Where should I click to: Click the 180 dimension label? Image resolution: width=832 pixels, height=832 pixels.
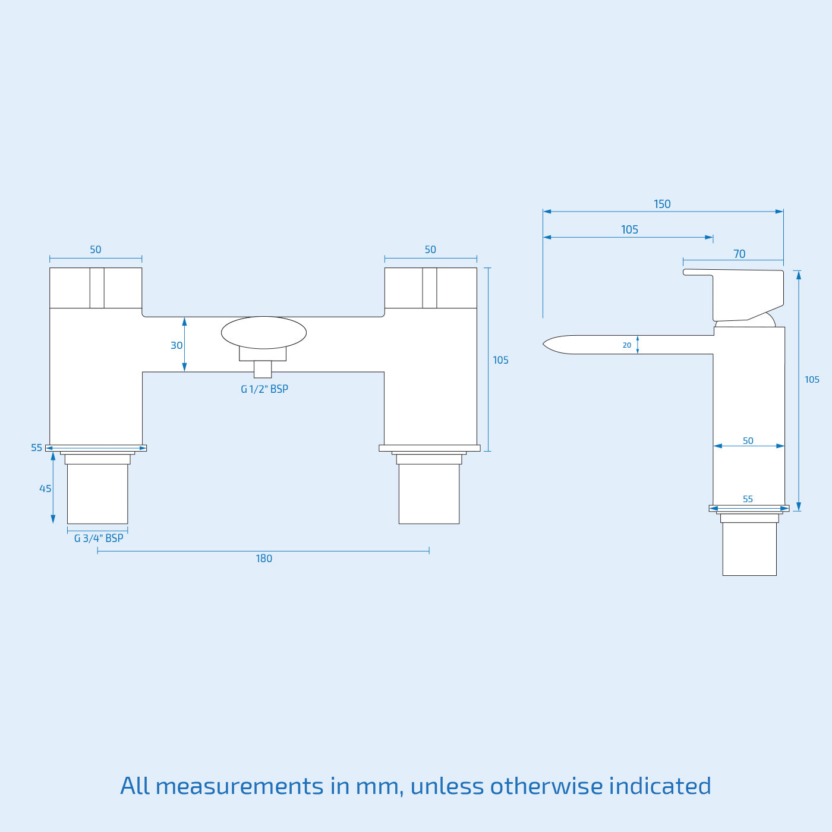pyautogui.click(x=264, y=559)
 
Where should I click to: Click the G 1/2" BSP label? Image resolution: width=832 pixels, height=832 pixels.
pyautogui.click(x=264, y=389)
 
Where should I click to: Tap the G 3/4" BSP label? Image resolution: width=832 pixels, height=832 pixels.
pyautogui.click(x=99, y=538)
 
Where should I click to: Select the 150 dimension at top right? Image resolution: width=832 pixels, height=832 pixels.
pyautogui.click(x=662, y=204)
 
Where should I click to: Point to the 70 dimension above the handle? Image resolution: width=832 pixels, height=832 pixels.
pyautogui.click(x=739, y=254)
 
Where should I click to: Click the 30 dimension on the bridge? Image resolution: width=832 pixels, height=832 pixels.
pyautogui.click(x=177, y=346)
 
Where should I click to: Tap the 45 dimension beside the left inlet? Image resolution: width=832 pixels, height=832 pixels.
pyautogui.click(x=45, y=489)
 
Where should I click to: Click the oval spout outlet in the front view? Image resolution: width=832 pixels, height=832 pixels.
pyautogui.click(x=264, y=332)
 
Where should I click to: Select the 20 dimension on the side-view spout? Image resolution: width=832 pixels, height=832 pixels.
pyautogui.click(x=627, y=345)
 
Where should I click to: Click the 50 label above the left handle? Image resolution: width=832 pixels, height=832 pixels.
pyautogui.click(x=96, y=250)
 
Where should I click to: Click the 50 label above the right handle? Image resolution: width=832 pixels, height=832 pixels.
pyautogui.click(x=430, y=250)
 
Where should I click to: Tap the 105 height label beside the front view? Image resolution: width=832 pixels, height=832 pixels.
pyautogui.click(x=500, y=360)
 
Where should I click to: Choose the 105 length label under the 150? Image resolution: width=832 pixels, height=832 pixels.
pyautogui.click(x=629, y=230)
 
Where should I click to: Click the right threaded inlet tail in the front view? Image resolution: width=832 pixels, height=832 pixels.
pyautogui.click(x=428, y=493)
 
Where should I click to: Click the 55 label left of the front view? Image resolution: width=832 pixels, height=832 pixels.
pyautogui.click(x=37, y=448)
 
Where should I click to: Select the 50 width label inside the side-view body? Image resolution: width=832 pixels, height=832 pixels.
pyautogui.click(x=748, y=441)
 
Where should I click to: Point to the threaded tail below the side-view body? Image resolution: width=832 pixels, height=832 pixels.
pyautogui.click(x=749, y=549)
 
